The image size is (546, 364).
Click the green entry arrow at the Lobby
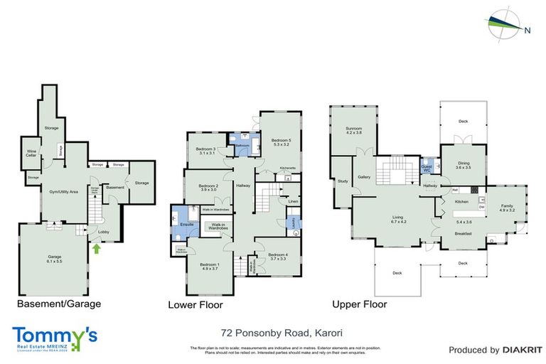[x=96, y=248]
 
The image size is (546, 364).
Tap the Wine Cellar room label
[x=31, y=152]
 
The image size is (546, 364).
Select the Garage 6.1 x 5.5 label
[x=55, y=259]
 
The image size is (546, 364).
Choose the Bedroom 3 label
[x=206, y=151]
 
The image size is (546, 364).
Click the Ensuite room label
[x=188, y=224]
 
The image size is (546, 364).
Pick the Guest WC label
[x=428, y=168]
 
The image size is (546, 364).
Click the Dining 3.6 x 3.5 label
[x=464, y=165]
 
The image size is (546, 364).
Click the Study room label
[x=342, y=181]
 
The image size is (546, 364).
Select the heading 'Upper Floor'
[x=359, y=304]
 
